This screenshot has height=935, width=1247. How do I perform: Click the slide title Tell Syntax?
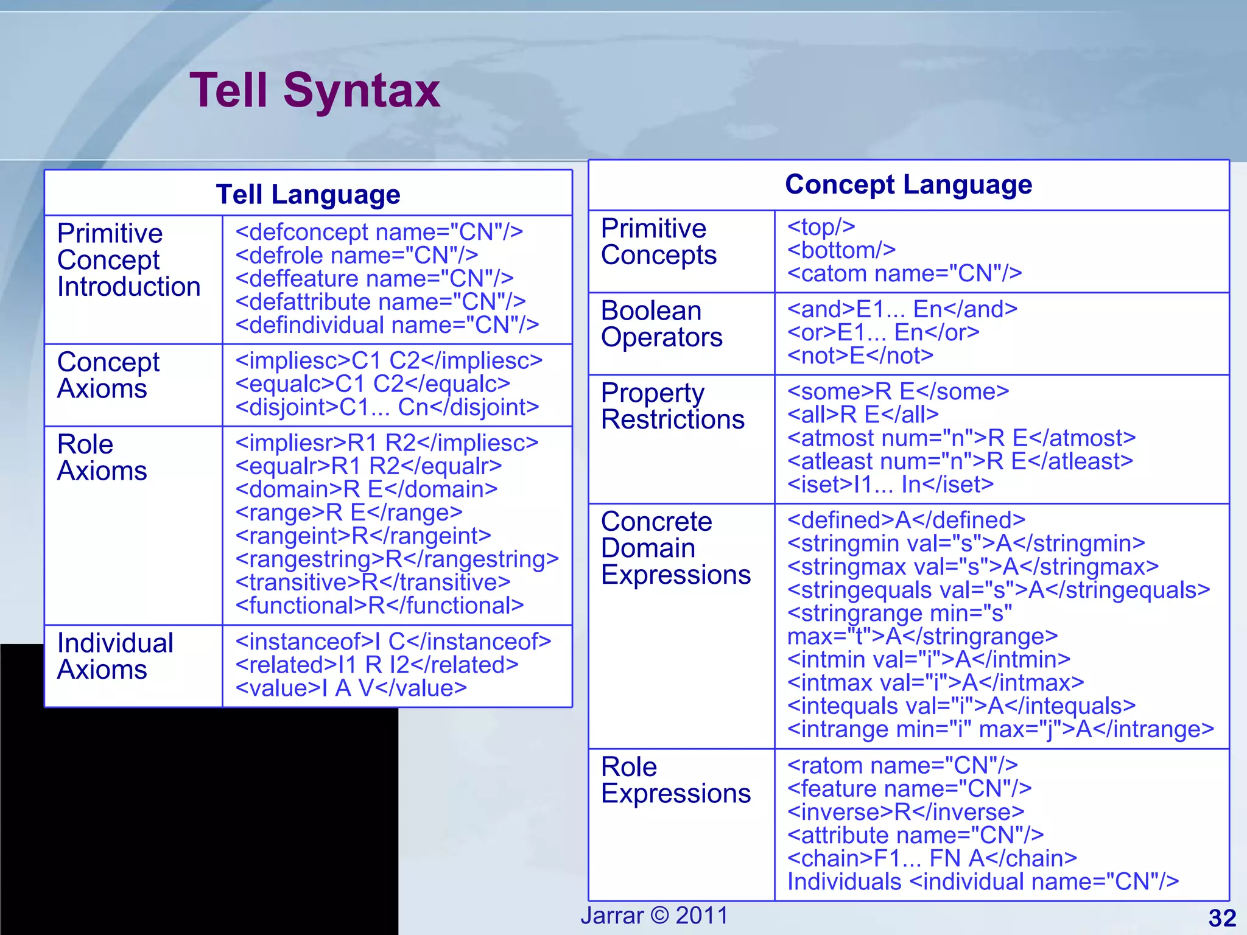tap(315, 91)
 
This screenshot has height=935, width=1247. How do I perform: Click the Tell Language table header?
tap(308, 195)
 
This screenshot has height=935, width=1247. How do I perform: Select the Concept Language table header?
tap(908, 184)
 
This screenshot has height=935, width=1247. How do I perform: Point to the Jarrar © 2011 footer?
tap(654, 916)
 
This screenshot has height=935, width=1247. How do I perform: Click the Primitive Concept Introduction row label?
tap(128, 260)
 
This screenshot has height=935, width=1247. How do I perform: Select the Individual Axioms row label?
tap(115, 656)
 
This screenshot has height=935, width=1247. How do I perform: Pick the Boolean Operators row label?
tap(661, 324)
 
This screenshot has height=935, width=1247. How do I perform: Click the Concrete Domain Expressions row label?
tap(675, 548)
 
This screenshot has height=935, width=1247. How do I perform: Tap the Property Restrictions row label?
tap(672, 406)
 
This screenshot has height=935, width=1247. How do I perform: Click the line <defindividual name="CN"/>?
tap(387, 325)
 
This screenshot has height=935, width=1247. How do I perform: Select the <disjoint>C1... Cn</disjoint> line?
tap(387, 407)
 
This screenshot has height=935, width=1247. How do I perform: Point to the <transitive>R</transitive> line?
tap(373, 583)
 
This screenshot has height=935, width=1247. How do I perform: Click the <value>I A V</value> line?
tap(351, 688)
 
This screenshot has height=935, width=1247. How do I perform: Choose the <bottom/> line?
tap(841, 250)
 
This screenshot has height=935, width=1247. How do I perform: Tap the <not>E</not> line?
tap(860, 355)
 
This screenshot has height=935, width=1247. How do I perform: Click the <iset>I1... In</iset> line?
tap(890, 485)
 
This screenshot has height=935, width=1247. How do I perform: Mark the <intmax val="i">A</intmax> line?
tap(935, 683)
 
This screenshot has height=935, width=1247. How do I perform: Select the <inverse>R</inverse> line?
tap(906, 812)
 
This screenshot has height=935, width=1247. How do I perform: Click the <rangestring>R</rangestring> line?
tap(397, 559)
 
